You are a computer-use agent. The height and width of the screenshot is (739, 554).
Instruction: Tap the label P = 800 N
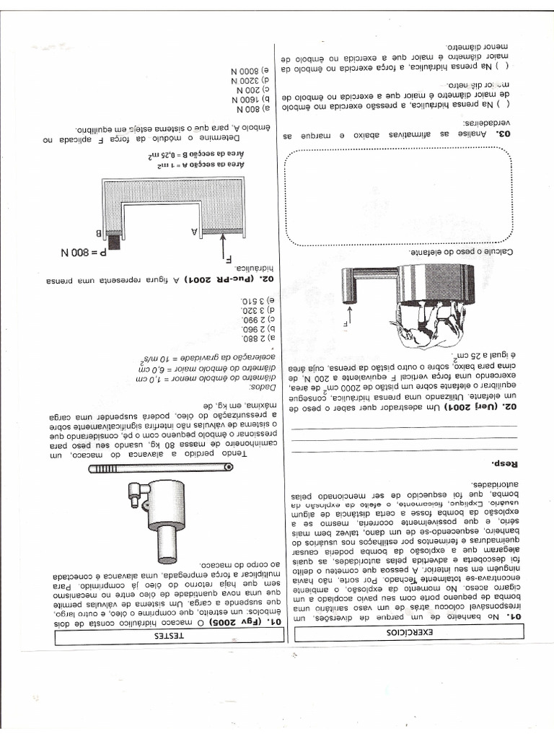pyautogui.click(x=86, y=253)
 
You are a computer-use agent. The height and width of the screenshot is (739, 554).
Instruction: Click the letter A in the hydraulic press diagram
pyautogui.click(x=195, y=231)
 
